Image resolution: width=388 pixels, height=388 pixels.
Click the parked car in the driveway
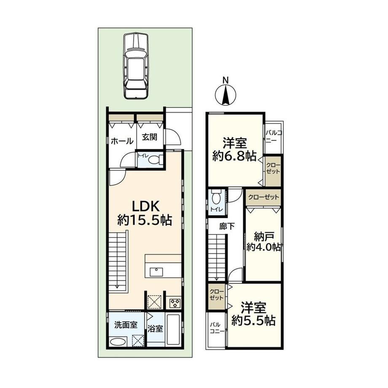tap(136, 66)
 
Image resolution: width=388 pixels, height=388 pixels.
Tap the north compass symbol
tap(226, 94)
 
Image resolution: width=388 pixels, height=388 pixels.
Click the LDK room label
tap(145, 206)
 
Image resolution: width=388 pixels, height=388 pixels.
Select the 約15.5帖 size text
tap(145, 220)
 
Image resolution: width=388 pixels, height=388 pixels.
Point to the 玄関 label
tap(150, 137)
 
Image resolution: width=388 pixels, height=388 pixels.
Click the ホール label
tap(122, 141)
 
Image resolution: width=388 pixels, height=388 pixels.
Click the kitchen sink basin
tap(156, 272)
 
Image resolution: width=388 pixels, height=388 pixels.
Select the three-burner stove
tap(175, 303)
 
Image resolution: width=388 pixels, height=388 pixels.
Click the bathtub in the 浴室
tap(174, 329)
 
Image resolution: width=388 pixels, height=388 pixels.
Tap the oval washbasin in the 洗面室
tap(118, 342)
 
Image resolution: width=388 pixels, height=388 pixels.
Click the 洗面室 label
tap(126, 325)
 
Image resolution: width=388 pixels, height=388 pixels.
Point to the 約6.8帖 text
tap(234, 156)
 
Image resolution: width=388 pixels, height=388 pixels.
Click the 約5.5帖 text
tap(253, 321)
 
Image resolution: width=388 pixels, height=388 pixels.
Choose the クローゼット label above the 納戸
tap(264, 197)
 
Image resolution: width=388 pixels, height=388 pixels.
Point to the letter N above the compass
tap(225, 80)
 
